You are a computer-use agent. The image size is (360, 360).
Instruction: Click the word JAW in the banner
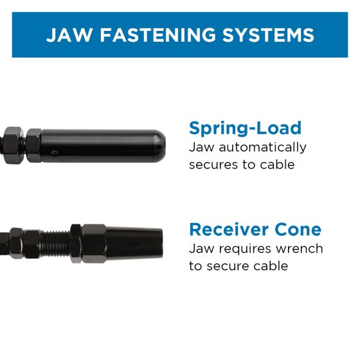(x=69, y=35)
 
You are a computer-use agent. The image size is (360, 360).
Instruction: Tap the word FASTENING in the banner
(x=158, y=35)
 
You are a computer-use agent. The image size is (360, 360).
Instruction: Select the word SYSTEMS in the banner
(x=268, y=35)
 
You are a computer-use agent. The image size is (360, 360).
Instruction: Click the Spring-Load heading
(x=245, y=129)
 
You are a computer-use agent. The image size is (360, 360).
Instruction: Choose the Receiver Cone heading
(x=255, y=230)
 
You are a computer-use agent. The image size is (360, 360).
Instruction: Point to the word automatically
(x=263, y=148)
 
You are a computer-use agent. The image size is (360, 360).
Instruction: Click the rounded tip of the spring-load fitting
(x=159, y=146)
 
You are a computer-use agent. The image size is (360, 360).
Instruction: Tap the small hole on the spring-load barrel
(x=54, y=152)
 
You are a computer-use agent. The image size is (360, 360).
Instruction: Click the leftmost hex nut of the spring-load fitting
(x=14, y=145)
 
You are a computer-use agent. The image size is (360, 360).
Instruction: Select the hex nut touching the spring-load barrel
(x=34, y=145)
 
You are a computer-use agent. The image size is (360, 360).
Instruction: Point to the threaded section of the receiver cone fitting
(x=55, y=244)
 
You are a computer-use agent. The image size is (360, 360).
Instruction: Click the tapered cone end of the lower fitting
(x=134, y=244)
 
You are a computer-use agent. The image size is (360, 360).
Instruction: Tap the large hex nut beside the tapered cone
(x=94, y=244)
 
